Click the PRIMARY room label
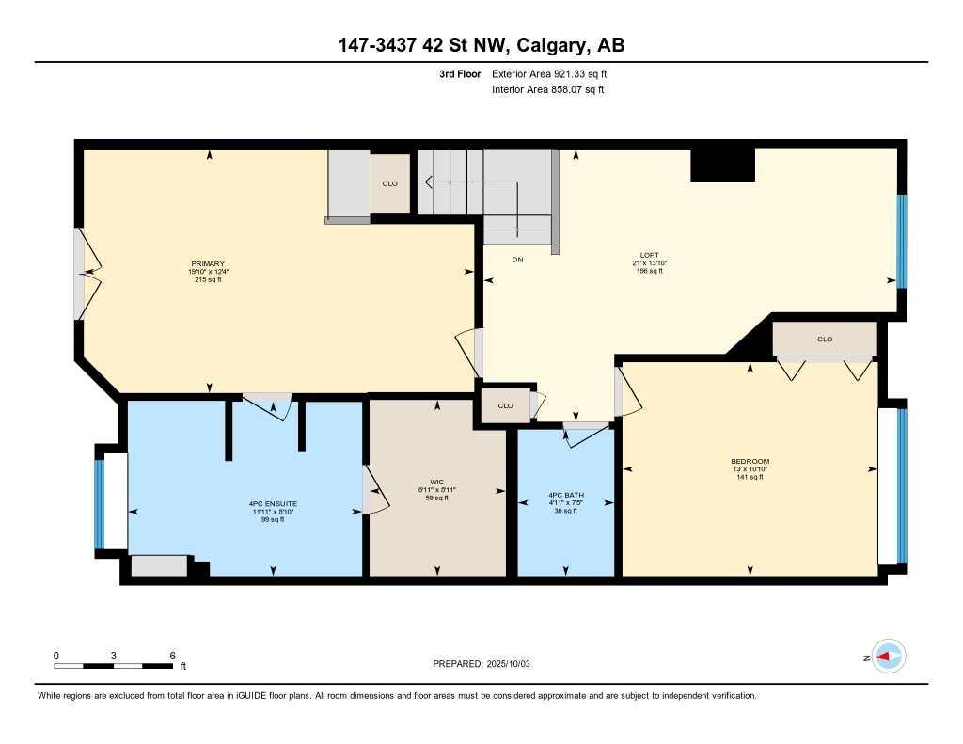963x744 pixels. (207, 264)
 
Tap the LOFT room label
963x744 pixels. (649, 255)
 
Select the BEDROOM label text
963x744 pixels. (750, 462)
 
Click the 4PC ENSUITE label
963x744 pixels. (272, 504)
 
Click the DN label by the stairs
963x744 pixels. (517, 259)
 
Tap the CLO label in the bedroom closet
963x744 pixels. (825, 339)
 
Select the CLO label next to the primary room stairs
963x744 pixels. (389, 183)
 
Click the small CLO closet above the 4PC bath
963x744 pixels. (505, 405)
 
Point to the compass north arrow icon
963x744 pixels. (887, 657)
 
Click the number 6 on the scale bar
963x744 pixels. (172, 655)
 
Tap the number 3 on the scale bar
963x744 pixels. (114, 655)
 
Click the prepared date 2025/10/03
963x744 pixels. (481, 663)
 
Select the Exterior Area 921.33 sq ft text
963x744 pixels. (556, 73)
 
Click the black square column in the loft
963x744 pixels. (722, 165)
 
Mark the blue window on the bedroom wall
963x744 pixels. (901, 485)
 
